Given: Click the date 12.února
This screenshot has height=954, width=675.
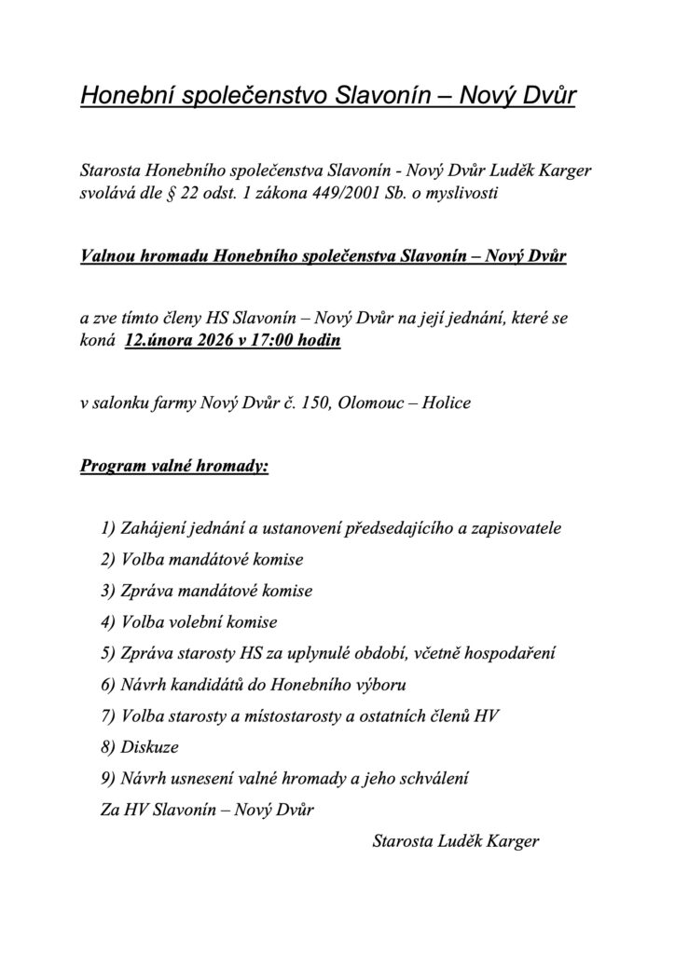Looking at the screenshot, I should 159,341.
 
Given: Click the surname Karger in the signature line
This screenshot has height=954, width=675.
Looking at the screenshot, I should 508,841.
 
